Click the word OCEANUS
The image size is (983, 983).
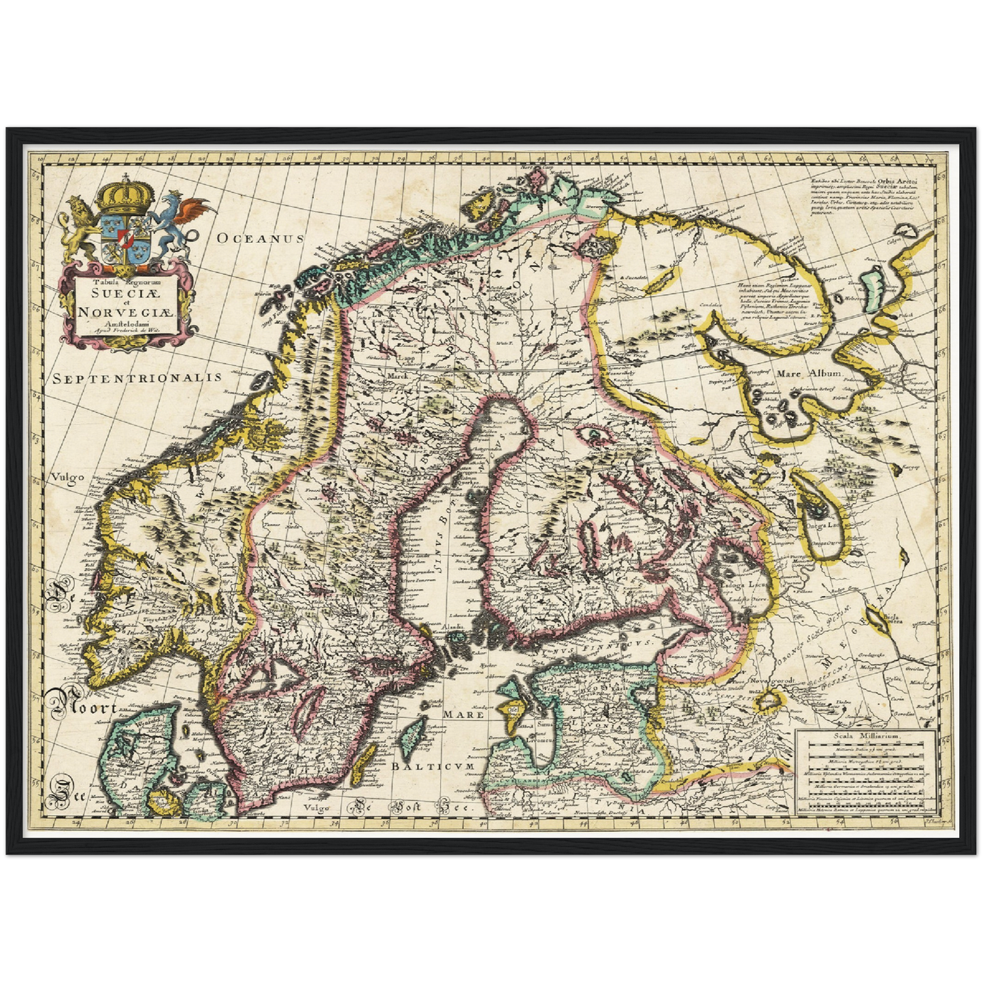click(x=258, y=238)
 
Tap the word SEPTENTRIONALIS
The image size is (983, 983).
click(x=137, y=378)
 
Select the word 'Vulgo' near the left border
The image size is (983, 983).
click(x=67, y=477)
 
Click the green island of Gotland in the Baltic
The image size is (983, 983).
click(x=410, y=738)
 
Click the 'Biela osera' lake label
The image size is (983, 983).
click(x=894, y=620)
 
